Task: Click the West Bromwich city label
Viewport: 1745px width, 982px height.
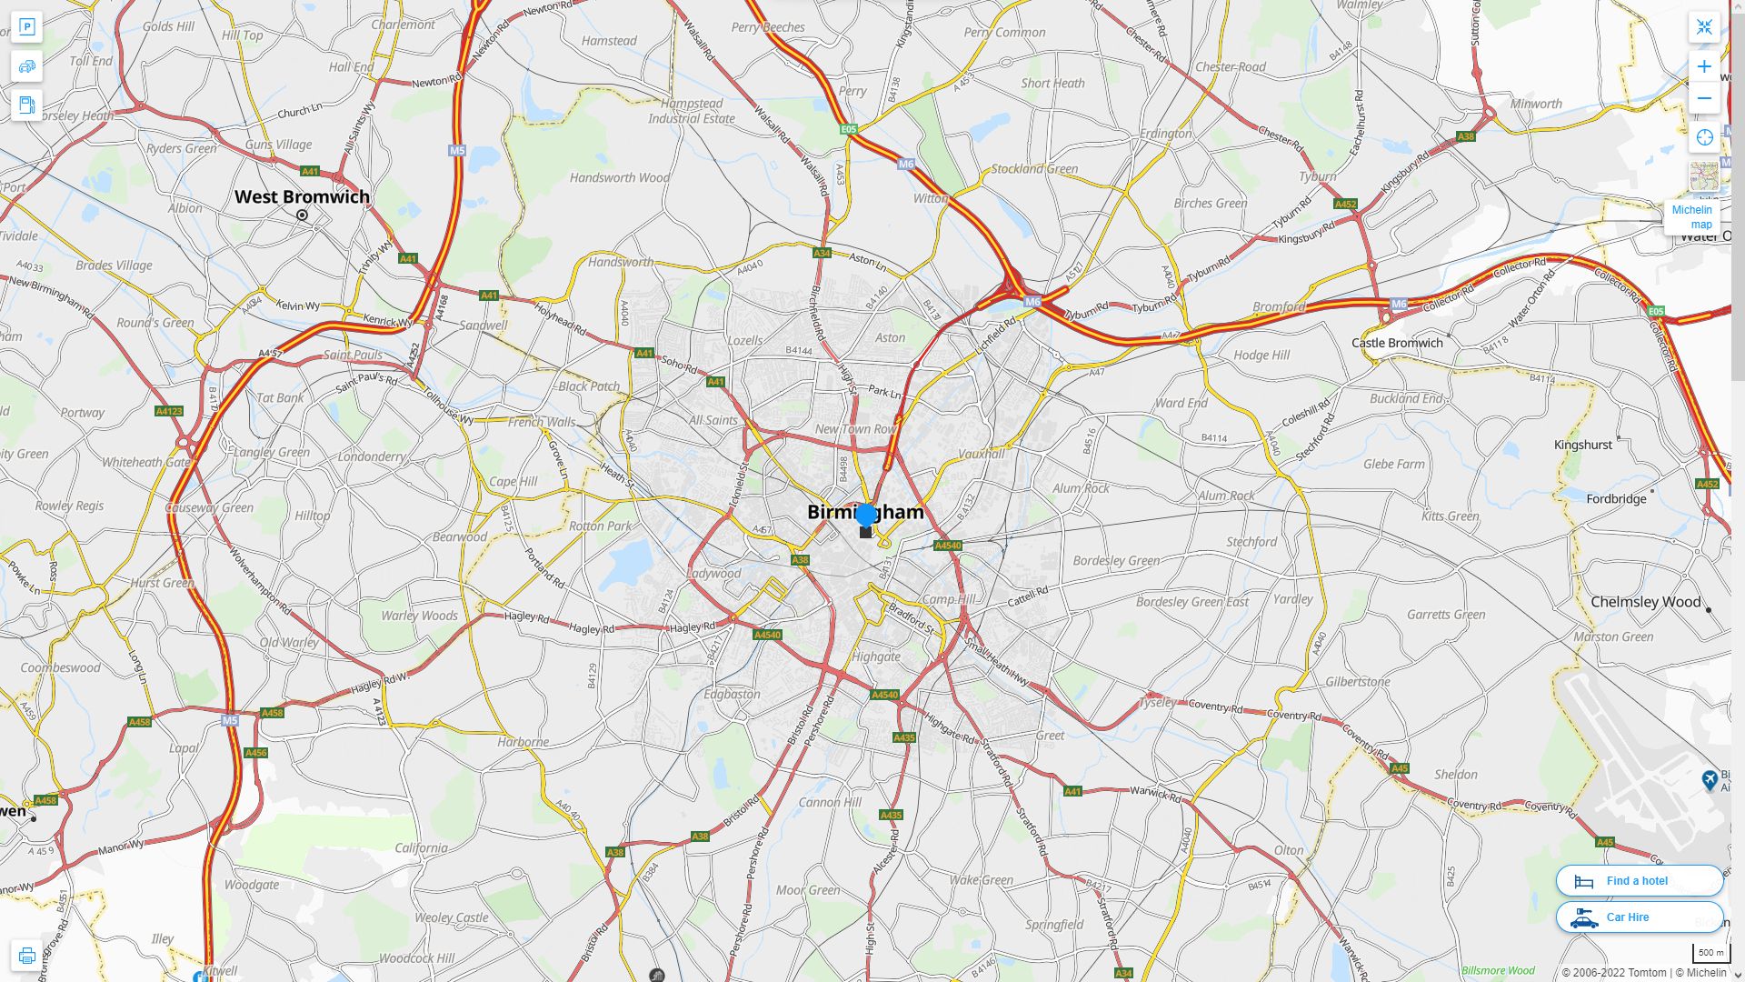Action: (x=302, y=196)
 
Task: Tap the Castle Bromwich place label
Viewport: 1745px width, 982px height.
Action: (x=1397, y=343)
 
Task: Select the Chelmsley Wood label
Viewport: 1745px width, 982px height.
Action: (x=1645, y=602)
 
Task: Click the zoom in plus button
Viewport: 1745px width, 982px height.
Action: (x=1704, y=66)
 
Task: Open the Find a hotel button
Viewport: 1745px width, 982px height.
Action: (x=1639, y=880)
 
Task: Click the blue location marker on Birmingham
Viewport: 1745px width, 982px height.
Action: (x=866, y=515)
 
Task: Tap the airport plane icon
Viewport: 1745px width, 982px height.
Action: (x=1710, y=779)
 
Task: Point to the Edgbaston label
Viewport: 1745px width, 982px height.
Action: (x=732, y=694)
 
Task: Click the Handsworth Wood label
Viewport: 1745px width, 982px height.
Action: (x=619, y=178)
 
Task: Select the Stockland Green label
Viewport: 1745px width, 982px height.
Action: (x=1034, y=168)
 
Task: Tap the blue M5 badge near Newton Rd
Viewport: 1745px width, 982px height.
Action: (x=457, y=150)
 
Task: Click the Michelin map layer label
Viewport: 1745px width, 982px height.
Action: (x=1691, y=217)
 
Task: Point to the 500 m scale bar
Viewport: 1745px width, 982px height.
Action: (x=1710, y=953)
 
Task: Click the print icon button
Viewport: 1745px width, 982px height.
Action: (x=26, y=956)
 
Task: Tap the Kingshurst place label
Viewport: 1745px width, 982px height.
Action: (x=1582, y=445)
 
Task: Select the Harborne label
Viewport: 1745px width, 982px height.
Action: (x=523, y=742)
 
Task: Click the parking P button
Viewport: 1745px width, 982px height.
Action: (x=26, y=27)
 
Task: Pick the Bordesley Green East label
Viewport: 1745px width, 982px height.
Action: (x=1192, y=602)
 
